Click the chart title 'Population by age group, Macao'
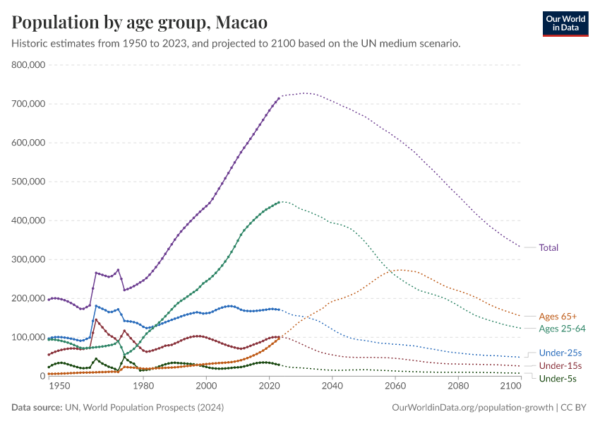point(140,23)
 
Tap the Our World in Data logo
point(565,23)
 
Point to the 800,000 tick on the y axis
point(29,65)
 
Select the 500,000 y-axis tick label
point(29,182)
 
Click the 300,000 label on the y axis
point(29,259)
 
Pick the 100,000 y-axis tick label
point(29,337)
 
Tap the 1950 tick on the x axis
point(59,387)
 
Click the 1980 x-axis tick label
point(143,387)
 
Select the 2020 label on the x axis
point(269,387)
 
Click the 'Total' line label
point(548,247)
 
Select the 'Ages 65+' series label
point(558,316)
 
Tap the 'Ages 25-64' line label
point(560,328)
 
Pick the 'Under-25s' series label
point(559,353)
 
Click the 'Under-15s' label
point(560,365)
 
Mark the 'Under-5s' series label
point(558,379)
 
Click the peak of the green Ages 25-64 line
point(280,201)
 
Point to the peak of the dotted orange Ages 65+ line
point(400,269)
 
